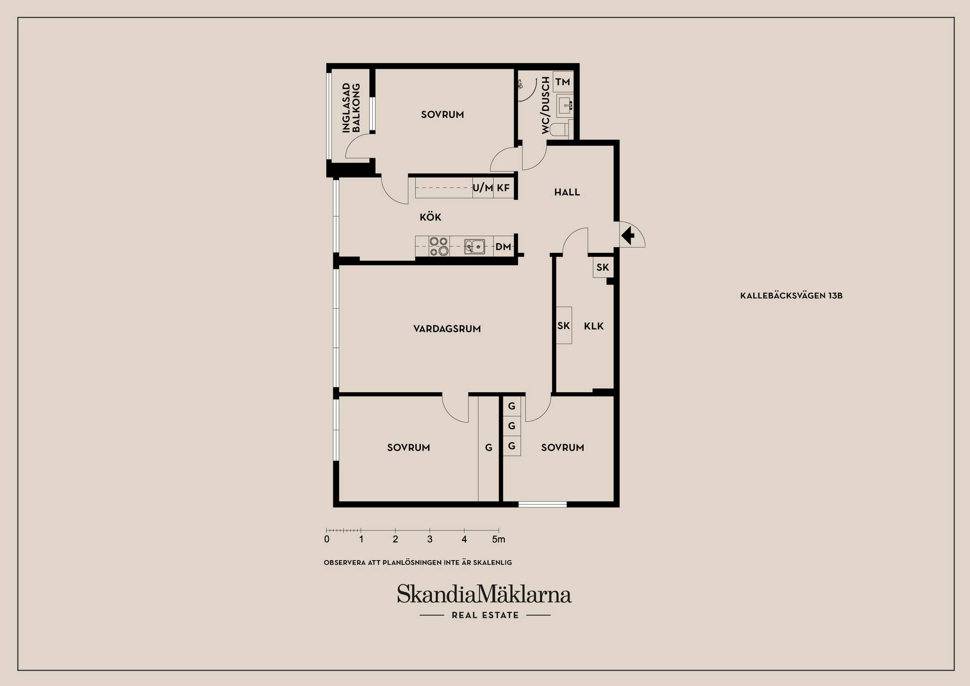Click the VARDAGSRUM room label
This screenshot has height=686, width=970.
coord(447,329)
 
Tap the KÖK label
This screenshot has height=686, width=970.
coord(430,217)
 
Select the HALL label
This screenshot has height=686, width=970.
coord(567,192)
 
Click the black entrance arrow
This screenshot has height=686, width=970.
coord(628,236)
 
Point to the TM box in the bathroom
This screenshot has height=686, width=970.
coord(563,82)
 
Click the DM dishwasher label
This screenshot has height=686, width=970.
coord(503,247)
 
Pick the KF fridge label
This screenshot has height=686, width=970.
coord(503,188)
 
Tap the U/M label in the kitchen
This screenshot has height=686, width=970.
coord(482,188)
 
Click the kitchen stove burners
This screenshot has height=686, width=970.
coord(439,246)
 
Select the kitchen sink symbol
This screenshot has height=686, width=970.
coord(474,247)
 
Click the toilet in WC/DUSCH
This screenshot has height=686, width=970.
coord(559,129)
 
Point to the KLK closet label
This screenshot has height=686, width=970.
coord(594,326)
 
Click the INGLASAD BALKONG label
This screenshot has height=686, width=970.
coord(351,108)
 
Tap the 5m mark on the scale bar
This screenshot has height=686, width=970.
coord(499,539)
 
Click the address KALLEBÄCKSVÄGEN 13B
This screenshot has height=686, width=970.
coord(791,296)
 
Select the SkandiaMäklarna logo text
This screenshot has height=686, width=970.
coord(484,594)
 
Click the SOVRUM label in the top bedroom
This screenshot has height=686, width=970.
coord(443,115)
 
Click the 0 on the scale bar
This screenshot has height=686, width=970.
coord(327,539)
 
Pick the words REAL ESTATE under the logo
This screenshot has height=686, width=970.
coord(486,615)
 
